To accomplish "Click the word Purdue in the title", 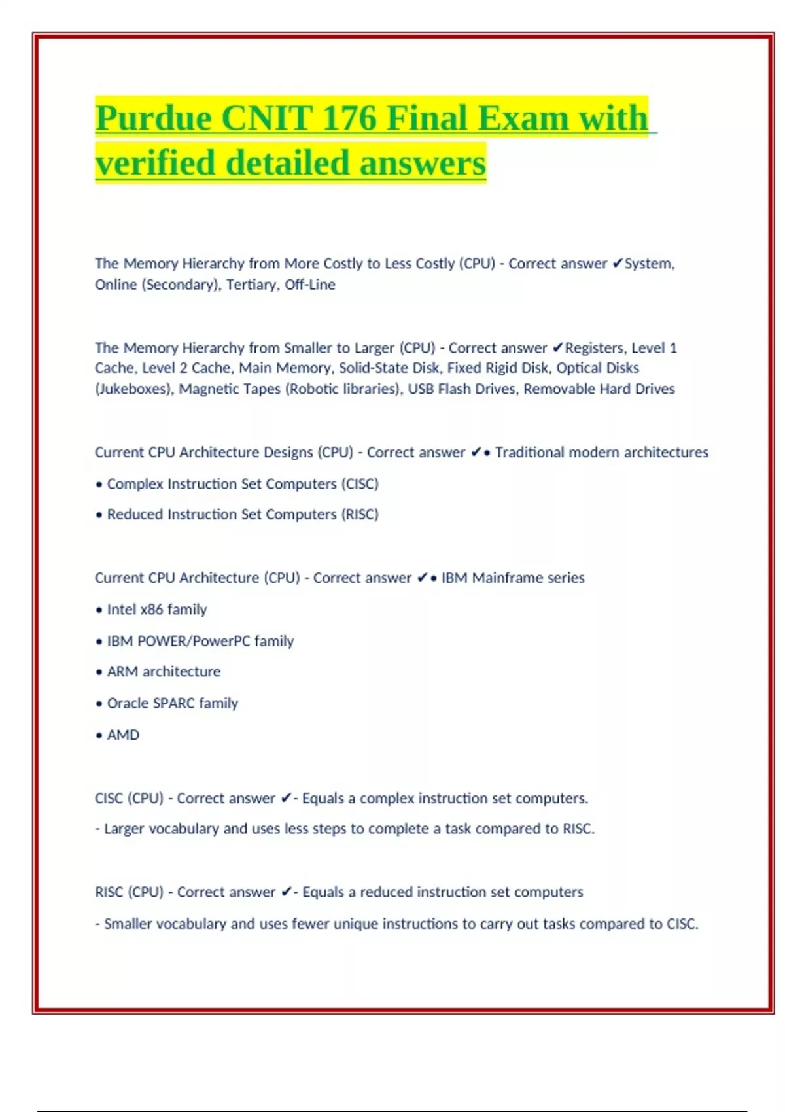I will [x=153, y=119].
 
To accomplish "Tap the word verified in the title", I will [x=155, y=164].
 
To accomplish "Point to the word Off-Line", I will [x=309, y=285].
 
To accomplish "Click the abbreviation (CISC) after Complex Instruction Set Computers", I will [x=359, y=484].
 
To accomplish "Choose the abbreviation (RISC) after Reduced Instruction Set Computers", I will [x=359, y=515].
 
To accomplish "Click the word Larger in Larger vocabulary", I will [x=124, y=829].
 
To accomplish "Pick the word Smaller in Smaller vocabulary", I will [x=128, y=924].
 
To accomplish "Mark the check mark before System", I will [x=618, y=264].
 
